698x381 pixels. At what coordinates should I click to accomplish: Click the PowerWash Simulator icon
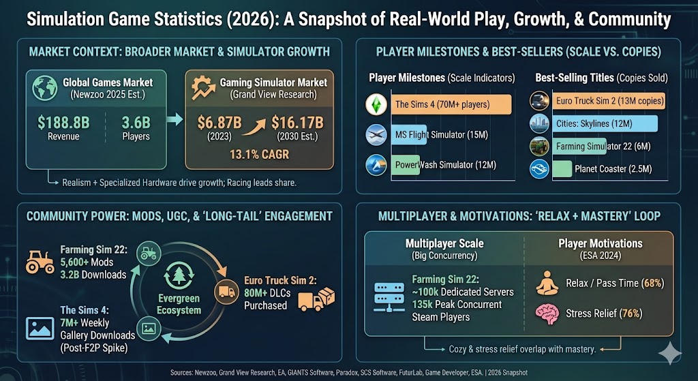(376, 166)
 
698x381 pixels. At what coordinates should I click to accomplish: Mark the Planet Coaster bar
(562, 168)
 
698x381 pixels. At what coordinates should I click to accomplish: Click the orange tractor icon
(39, 260)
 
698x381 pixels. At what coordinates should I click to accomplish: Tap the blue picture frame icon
(40, 327)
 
